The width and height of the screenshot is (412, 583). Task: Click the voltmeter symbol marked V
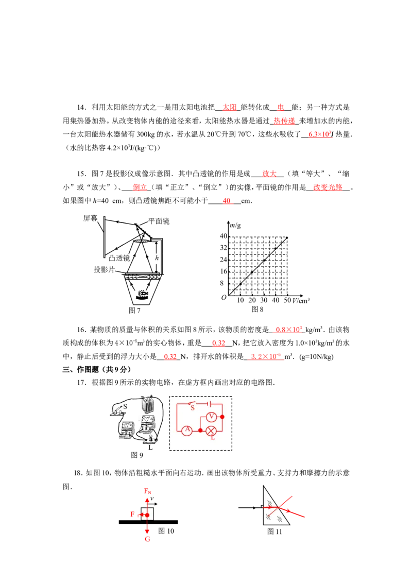(x=210, y=417)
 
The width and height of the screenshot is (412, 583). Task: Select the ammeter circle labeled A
(x=187, y=431)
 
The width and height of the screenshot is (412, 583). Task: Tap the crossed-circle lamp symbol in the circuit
(x=210, y=431)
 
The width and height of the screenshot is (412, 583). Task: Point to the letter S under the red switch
(x=193, y=408)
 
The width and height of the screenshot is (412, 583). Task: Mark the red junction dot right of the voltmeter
(x=222, y=417)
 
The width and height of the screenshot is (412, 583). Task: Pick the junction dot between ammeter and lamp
(x=200, y=430)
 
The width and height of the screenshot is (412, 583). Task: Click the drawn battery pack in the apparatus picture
(x=148, y=403)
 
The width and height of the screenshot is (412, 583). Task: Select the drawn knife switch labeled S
(x=117, y=409)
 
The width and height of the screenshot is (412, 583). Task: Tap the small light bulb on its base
(x=150, y=437)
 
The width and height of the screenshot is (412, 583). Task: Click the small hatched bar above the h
(x=141, y=241)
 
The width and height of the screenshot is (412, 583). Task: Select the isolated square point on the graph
(x=249, y=257)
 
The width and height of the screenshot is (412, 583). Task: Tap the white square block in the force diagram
(x=147, y=514)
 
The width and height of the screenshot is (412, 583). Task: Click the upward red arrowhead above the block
(x=147, y=499)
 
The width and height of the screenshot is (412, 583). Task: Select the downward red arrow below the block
(x=147, y=530)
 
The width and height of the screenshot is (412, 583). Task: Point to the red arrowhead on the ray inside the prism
(x=270, y=507)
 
